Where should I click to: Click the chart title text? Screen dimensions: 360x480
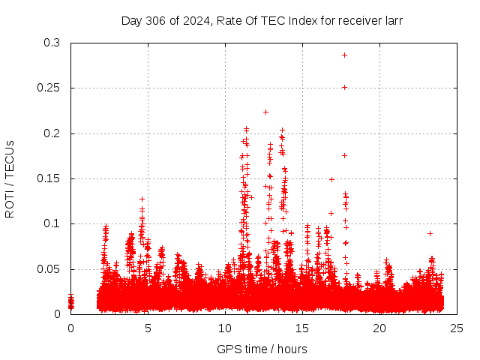[x=262, y=21]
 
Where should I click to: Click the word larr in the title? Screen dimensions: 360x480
[x=392, y=21]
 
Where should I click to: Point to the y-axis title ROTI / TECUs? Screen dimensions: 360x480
[x=10, y=178]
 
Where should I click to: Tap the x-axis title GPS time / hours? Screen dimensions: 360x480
[x=262, y=349]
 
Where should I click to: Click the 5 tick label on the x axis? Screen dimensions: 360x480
[x=148, y=328]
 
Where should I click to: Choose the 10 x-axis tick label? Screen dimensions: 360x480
[x=225, y=328]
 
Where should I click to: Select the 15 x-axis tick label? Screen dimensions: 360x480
[x=302, y=328]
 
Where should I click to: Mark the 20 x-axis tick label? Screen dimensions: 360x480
[x=379, y=328]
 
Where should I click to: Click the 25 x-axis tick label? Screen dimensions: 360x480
[x=456, y=328]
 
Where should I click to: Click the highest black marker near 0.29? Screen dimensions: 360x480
[x=344, y=55]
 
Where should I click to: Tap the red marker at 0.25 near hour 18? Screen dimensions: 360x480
[x=344, y=87]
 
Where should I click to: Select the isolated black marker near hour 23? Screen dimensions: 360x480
[x=430, y=233]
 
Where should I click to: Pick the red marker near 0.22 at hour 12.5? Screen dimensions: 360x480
[x=265, y=112]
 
